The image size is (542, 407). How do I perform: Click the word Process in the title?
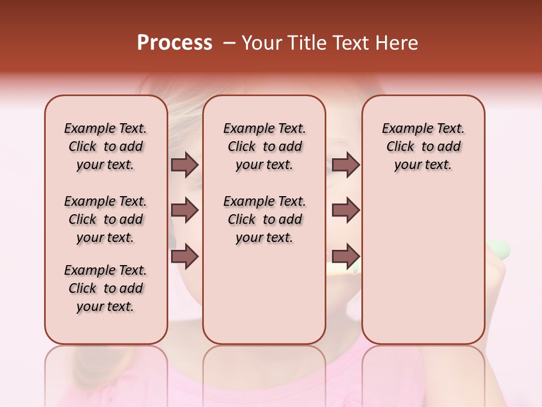pyautogui.click(x=174, y=43)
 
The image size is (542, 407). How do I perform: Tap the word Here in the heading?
pyautogui.click(x=397, y=43)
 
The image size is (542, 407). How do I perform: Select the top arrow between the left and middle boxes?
pyautogui.click(x=185, y=164)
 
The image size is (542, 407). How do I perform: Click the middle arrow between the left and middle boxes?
pyautogui.click(x=185, y=210)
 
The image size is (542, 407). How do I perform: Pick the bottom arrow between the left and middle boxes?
pyautogui.click(x=185, y=256)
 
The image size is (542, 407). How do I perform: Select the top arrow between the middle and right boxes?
pyautogui.click(x=346, y=164)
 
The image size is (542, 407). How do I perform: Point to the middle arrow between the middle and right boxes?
pyautogui.click(x=346, y=210)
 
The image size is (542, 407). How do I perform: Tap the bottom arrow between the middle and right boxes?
pyautogui.click(x=346, y=256)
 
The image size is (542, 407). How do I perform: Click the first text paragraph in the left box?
pyautogui.click(x=106, y=146)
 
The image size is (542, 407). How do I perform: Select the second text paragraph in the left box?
pyautogui.click(x=106, y=219)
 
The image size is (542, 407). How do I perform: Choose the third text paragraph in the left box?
pyautogui.click(x=106, y=288)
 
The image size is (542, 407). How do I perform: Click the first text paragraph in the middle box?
pyautogui.click(x=264, y=146)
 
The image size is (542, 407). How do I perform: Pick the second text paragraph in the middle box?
pyautogui.click(x=264, y=219)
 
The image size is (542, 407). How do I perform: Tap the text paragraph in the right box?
pyautogui.click(x=423, y=146)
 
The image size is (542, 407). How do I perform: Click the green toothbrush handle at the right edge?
pyautogui.click(x=499, y=249)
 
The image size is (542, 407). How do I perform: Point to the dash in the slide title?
pyautogui.click(x=229, y=43)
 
